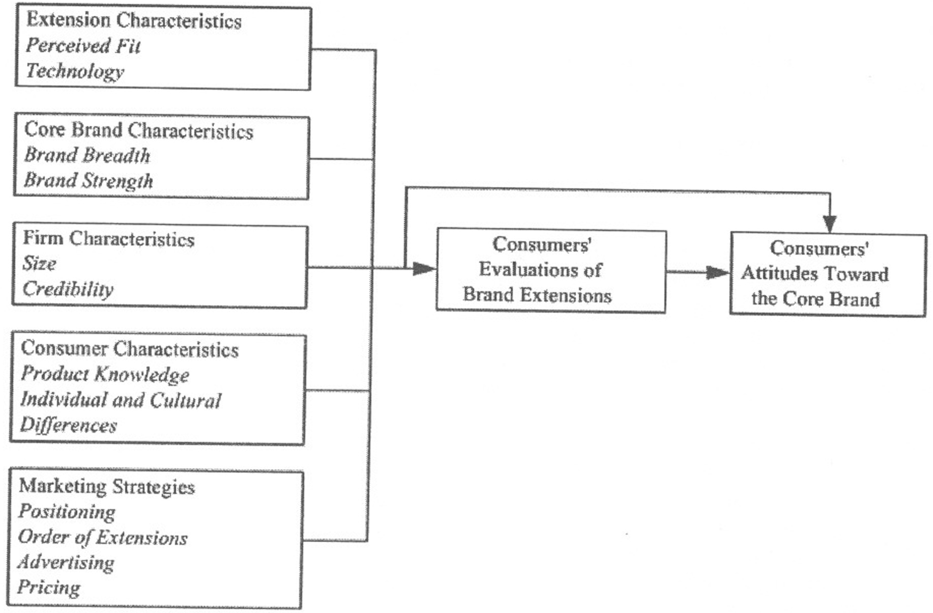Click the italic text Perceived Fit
coord(83,46)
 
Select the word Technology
coord(75,71)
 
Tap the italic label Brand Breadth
coord(87,155)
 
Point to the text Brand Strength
coord(89,181)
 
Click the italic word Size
coord(39,264)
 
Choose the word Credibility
coord(68,289)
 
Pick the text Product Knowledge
coord(105,374)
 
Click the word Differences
coord(68,425)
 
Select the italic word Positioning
coord(67,512)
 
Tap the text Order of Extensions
coord(102,537)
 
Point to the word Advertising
coord(66,563)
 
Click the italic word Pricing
coord(49,588)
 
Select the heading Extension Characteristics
coord(134,20)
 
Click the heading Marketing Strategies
coord(107,486)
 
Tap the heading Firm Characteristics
coord(108,238)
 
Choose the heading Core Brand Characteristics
coord(138,130)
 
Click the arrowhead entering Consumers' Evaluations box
coord(423,268)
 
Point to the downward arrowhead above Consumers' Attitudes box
coord(830,224)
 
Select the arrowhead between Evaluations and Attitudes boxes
coord(718,272)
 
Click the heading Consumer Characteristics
coord(130,349)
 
